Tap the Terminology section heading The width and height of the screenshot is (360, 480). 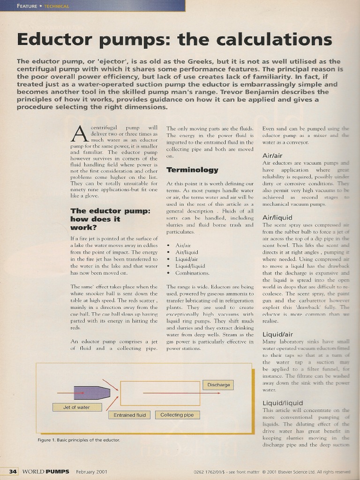click(x=192, y=170)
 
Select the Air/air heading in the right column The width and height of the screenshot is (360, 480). click(x=272, y=155)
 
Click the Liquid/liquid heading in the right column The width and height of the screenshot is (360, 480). click(x=283, y=403)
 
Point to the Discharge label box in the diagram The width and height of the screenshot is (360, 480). click(x=218, y=385)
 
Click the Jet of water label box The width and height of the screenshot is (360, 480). click(x=76, y=407)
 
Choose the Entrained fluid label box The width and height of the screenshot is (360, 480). click(x=129, y=415)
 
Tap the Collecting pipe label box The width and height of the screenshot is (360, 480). click(x=177, y=415)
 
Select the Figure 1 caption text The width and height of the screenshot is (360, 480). click(x=79, y=440)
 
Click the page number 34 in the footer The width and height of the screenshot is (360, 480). click(x=13, y=471)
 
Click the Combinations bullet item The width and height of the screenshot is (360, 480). click(x=192, y=273)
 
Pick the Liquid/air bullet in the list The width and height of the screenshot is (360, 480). click(x=187, y=259)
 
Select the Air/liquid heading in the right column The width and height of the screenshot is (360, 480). click(x=277, y=217)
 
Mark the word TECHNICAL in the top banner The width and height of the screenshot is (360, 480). click(x=56, y=6)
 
